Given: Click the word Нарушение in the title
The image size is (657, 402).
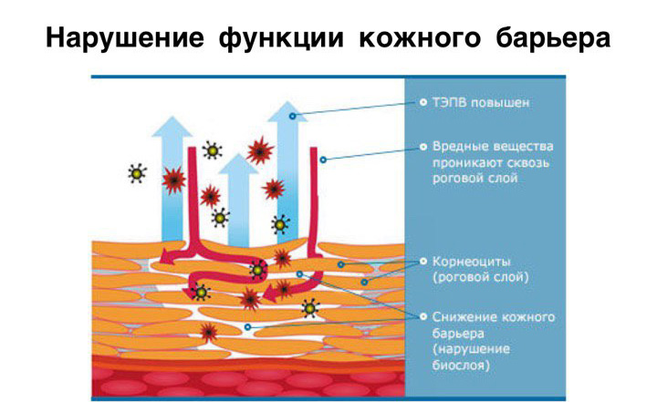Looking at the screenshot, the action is pyautogui.click(x=125, y=37).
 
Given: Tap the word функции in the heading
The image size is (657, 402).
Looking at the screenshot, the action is pyautogui.click(x=281, y=38).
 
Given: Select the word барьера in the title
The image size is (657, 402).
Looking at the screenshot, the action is pyautogui.click(x=553, y=38).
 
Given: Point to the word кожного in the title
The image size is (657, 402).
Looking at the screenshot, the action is pyautogui.click(x=420, y=37).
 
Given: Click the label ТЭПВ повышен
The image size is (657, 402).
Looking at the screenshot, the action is pyautogui.click(x=481, y=103).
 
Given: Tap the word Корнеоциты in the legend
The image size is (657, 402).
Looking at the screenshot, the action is pyautogui.click(x=472, y=262).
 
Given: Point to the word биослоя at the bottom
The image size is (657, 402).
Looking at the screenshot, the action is pyautogui.click(x=461, y=366).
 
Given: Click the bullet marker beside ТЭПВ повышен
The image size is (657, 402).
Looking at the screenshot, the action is pyautogui.click(x=423, y=102).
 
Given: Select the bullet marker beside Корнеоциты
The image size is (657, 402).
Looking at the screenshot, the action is pyautogui.click(x=423, y=262).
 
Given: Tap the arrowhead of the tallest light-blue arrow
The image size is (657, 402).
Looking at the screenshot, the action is pyautogui.click(x=287, y=111).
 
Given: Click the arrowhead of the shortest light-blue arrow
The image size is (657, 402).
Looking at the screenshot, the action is pyautogui.click(x=238, y=164).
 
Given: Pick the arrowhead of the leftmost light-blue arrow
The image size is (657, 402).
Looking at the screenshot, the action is pyautogui.click(x=172, y=127).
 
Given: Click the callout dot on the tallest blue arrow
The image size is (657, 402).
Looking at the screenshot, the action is pyautogui.click(x=293, y=116).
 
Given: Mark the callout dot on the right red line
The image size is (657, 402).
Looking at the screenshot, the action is pyautogui.click(x=323, y=160).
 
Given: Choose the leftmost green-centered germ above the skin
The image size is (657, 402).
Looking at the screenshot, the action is pyautogui.click(x=137, y=173).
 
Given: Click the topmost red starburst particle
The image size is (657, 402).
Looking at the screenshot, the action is pyautogui.click(x=260, y=149).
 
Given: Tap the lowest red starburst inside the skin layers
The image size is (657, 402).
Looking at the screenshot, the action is pyautogui.click(x=208, y=332).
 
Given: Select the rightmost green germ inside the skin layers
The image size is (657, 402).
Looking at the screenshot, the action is pyautogui.click(x=310, y=309).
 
